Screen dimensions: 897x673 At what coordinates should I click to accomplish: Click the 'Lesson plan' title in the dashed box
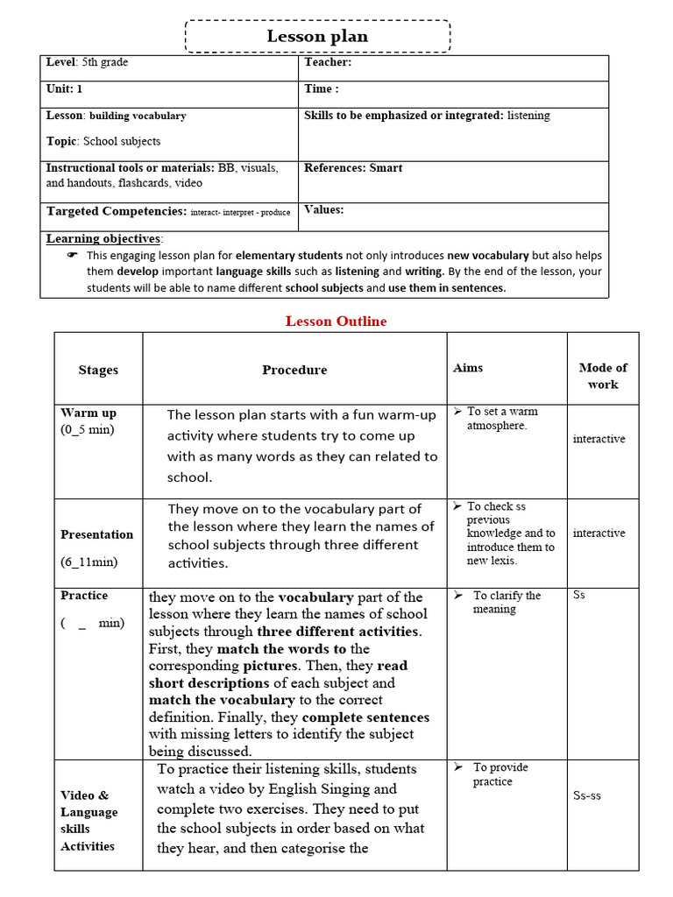click(317, 37)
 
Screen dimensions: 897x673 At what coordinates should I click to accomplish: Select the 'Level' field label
click(61, 62)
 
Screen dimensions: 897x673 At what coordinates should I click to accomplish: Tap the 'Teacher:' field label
click(328, 62)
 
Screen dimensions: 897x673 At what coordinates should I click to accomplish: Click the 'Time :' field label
click(321, 88)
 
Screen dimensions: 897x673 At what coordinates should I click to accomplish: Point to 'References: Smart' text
click(353, 167)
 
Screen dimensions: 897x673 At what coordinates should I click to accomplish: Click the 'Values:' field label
click(323, 209)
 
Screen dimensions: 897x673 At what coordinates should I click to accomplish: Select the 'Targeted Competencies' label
click(116, 211)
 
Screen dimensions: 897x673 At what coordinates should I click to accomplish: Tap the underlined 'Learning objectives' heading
click(103, 238)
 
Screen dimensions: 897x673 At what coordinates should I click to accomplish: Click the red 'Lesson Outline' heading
click(336, 321)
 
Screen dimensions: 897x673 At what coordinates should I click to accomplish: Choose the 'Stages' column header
click(98, 370)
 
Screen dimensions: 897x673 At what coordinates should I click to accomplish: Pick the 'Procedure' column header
click(294, 370)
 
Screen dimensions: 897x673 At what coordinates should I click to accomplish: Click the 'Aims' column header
click(468, 368)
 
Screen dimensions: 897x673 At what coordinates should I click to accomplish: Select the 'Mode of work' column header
click(603, 376)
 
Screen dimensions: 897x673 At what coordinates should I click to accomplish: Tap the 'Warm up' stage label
click(89, 413)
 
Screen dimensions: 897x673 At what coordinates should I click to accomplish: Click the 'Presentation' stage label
click(97, 534)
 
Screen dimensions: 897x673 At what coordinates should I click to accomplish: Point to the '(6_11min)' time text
click(89, 562)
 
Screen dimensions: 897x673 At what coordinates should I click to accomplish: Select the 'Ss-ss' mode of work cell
click(587, 795)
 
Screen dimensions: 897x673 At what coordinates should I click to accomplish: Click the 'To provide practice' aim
click(500, 774)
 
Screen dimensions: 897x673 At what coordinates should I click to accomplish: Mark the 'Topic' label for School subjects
click(62, 141)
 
